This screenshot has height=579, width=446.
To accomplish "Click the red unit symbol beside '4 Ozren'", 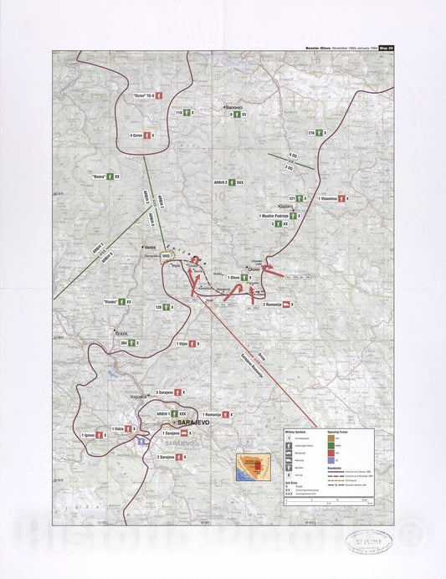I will coord(147,135).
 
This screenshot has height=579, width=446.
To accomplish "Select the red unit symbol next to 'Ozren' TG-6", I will coord(156,96).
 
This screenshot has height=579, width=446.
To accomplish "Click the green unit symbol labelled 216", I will coord(320,133).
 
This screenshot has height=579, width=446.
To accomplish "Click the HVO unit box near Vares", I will coord(166,255).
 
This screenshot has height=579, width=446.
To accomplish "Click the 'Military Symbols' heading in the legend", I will coord(294,431).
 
